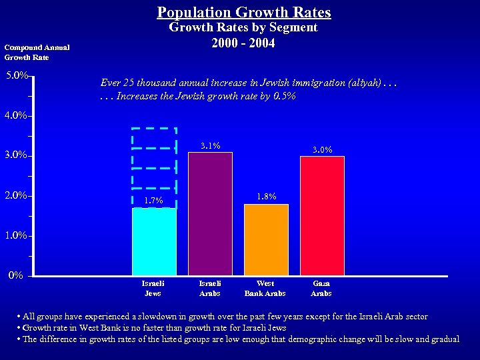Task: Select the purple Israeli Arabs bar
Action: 210,213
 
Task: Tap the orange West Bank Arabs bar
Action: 266,239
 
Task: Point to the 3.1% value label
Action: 211,146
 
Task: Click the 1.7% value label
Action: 154,200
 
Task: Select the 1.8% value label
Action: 267,197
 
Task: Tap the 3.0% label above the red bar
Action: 323,150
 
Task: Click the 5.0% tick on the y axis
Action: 16,76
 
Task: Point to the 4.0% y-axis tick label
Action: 16,115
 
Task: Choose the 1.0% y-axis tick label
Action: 16,235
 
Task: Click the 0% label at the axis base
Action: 15,275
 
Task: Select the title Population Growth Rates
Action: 244,12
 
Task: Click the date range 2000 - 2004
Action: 243,43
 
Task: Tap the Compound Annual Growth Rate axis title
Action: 37,52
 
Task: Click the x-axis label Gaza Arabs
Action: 321,288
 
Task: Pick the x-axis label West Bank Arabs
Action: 265,288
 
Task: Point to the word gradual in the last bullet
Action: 444,339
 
